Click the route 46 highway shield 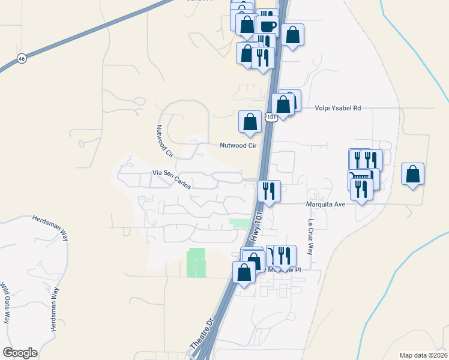point(22,59)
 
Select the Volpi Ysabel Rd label point(338,109)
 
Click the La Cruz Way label point(310,236)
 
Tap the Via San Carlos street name point(172,179)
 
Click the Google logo point(20,352)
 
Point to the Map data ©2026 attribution point(423,355)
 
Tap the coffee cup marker point(267,26)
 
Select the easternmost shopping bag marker point(412,175)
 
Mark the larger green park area point(196,262)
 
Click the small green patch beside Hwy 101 point(240,223)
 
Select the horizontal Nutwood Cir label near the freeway point(238,146)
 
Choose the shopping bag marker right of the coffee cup point(292,35)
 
